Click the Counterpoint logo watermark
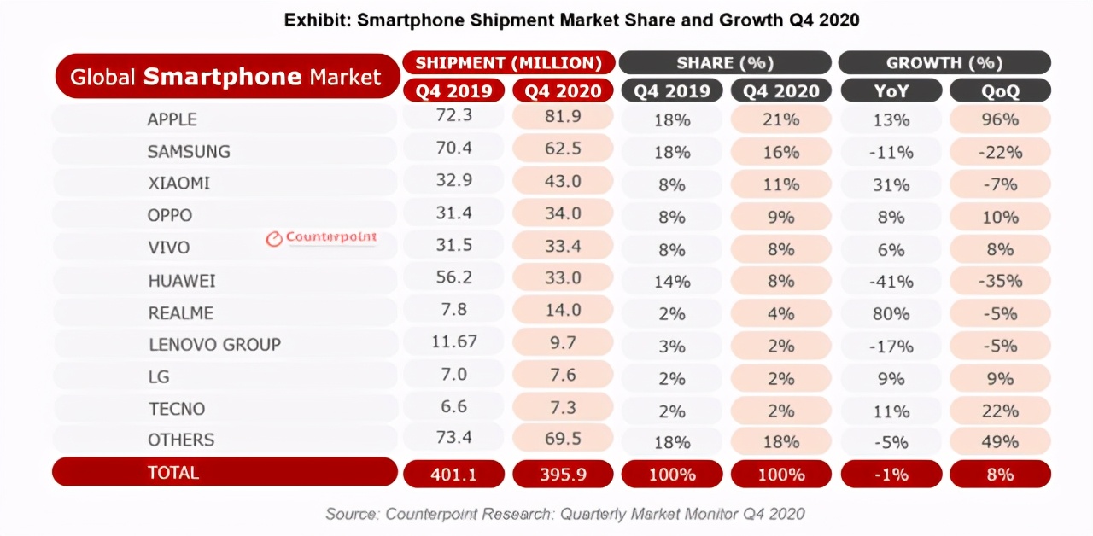click(x=321, y=238)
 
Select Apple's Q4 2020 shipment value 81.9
click(x=562, y=119)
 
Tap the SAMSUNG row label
click(x=189, y=152)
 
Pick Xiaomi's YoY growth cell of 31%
click(x=891, y=184)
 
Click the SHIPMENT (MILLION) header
click(x=509, y=63)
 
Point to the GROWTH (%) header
click(x=944, y=63)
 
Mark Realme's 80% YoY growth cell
click(x=891, y=313)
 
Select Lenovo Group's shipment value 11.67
click(x=453, y=342)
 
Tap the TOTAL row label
click(x=173, y=472)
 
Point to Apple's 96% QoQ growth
click(x=1000, y=120)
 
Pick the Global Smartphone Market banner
click(x=225, y=78)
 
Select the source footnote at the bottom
click(x=564, y=514)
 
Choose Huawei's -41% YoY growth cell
click(x=891, y=281)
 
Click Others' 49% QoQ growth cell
click(x=1000, y=441)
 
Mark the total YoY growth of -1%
click(x=891, y=475)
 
